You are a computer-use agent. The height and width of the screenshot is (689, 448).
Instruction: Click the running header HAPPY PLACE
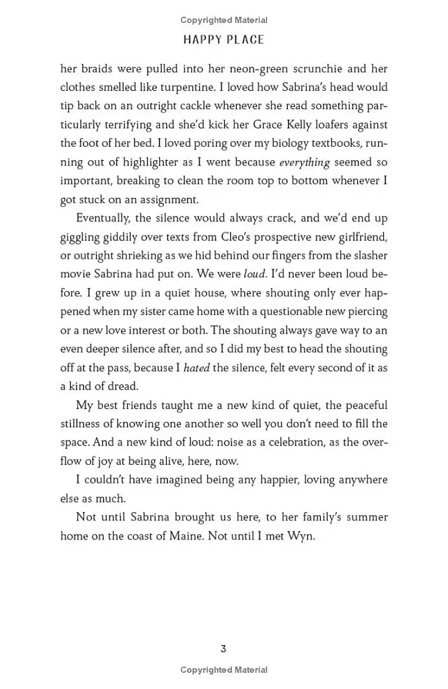tap(224, 40)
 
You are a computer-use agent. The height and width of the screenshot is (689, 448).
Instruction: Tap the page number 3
tap(223, 649)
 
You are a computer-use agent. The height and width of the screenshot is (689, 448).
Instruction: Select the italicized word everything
tap(305, 162)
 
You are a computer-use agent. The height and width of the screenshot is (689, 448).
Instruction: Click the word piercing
tap(365, 312)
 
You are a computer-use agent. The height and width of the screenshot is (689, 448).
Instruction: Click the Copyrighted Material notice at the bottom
tap(224, 670)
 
